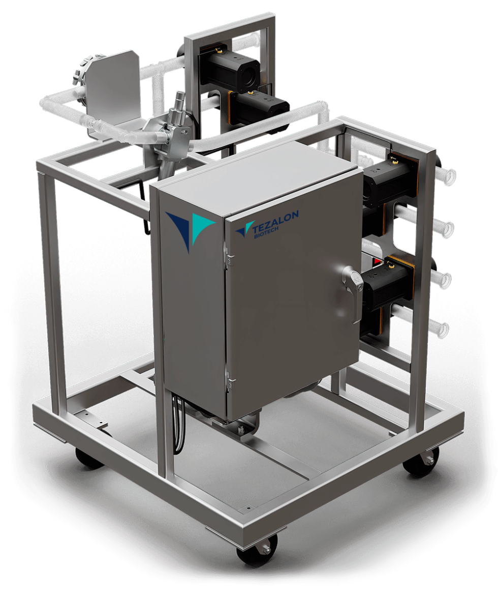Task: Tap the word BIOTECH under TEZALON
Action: pyautogui.click(x=266, y=233)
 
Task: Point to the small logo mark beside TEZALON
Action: pyautogui.click(x=244, y=228)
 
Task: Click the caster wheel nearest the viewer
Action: pyautogui.click(x=257, y=550)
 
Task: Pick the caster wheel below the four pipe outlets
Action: pyautogui.click(x=421, y=462)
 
